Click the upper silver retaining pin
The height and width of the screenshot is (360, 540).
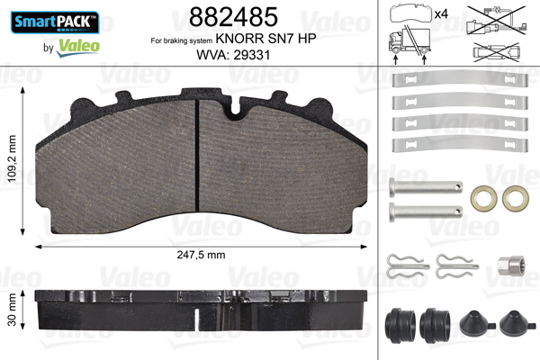tap(425, 190)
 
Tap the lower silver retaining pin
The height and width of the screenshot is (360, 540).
tap(425, 212)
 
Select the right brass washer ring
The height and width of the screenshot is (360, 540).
tap(515, 195)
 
